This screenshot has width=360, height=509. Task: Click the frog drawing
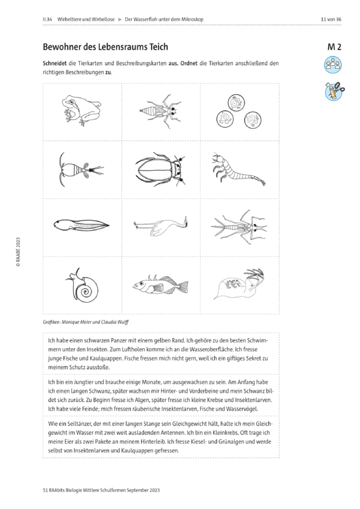click(81, 110)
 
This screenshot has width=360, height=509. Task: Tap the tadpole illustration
click(81, 225)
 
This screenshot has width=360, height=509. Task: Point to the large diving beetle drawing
click(161, 170)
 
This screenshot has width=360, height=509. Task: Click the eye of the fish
click(142, 283)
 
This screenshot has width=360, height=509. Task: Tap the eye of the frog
click(72, 102)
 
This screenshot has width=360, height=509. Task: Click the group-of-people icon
click(333, 65)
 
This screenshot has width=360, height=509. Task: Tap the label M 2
click(334, 47)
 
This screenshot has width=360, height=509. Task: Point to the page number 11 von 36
click(331, 20)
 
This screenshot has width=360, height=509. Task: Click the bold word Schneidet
click(55, 63)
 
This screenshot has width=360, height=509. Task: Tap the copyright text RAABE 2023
click(18, 252)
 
